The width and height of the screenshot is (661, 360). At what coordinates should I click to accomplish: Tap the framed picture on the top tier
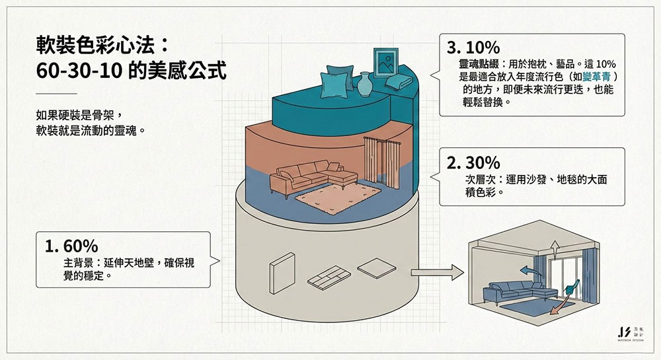click(385, 63)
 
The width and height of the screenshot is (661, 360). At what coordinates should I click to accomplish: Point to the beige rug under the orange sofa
click(338, 196)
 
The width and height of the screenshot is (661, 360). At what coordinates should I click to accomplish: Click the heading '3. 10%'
click(473, 48)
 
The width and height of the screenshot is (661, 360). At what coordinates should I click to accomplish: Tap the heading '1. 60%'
click(71, 246)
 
